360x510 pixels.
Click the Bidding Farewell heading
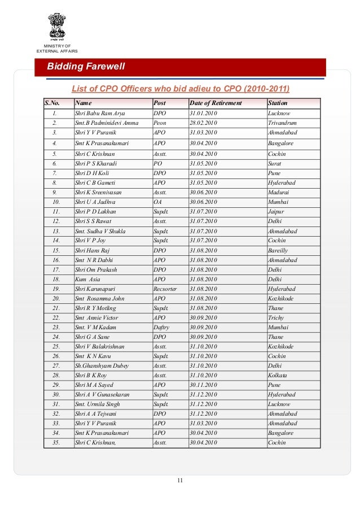(x=86, y=67)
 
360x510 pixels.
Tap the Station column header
(x=278, y=103)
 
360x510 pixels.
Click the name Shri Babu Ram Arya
(x=100, y=114)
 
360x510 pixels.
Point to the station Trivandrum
(x=283, y=123)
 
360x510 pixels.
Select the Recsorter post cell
(x=165, y=289)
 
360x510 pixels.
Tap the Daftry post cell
(x=161, y=327)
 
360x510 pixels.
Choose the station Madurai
(x=279, y=192)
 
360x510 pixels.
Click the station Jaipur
(x=276, y=211)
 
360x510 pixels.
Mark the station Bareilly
(x=279, y=250)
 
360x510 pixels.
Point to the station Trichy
(x=276, y=317)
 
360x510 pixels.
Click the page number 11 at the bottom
(x=180, y=481)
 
